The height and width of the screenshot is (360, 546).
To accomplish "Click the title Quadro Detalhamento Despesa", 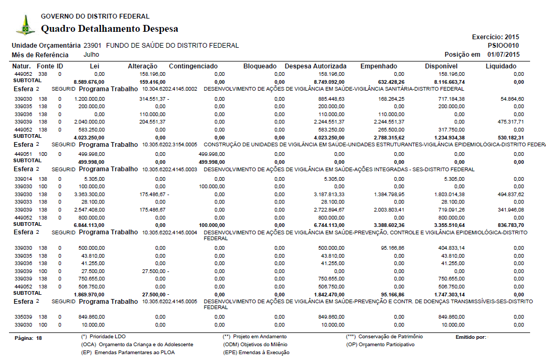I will point(109,29).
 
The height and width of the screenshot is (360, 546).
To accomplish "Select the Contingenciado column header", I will point(193,66).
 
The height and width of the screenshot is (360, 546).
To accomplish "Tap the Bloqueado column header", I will point(260,66).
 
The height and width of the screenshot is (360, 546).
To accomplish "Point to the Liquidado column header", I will point(501,66).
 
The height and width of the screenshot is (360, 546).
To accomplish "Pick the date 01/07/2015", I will point(504,55).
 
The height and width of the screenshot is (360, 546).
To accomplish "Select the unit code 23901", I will point(93,46).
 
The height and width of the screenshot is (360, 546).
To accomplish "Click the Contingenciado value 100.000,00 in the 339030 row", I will point(212,187).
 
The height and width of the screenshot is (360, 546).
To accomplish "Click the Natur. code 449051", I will point(23,154).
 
